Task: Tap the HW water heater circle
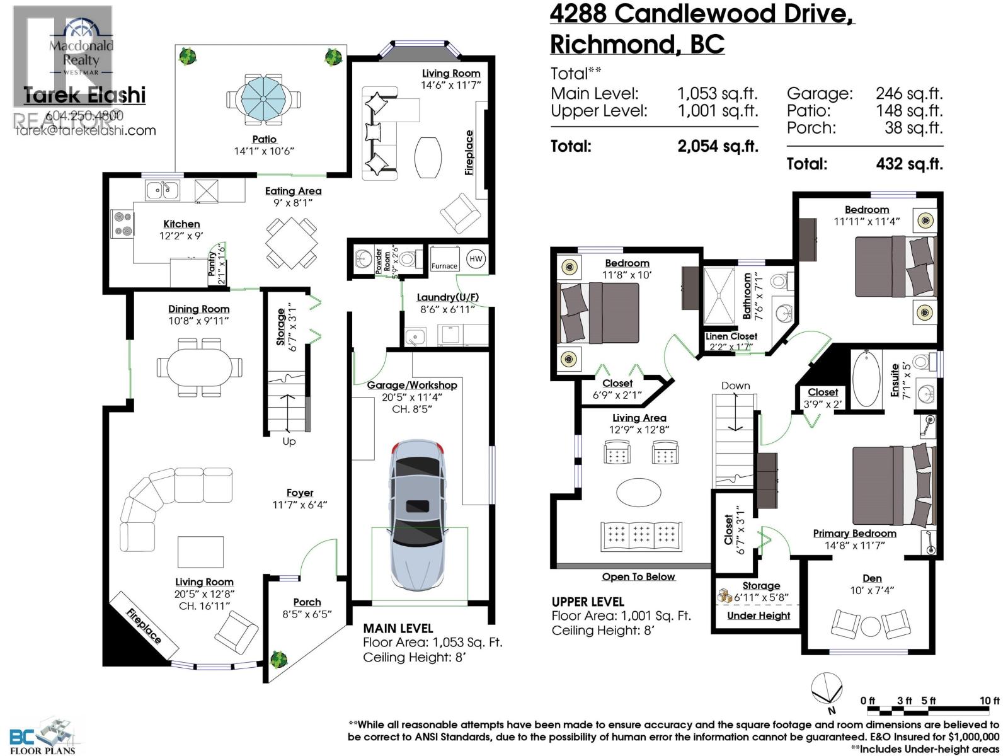coord(476,258)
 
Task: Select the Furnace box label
coord(444,266)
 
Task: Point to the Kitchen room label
coord(181,224)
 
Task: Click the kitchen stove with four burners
coord(123,224)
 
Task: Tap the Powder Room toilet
coord(408,258)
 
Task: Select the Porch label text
coord(307,602)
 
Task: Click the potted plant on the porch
coord(278,660)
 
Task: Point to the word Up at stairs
coord(289,441)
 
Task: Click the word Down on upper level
coord(736,386)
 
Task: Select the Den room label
coord(872,578)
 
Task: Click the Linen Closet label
coord(731,336)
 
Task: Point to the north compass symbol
coord(827,688)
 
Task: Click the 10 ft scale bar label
coord(989,701)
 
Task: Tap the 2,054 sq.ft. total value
coord(718,146)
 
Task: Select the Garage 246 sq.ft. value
coord(908,94)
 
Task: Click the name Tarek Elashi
coord(84,96)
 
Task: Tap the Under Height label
coord(759,616)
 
